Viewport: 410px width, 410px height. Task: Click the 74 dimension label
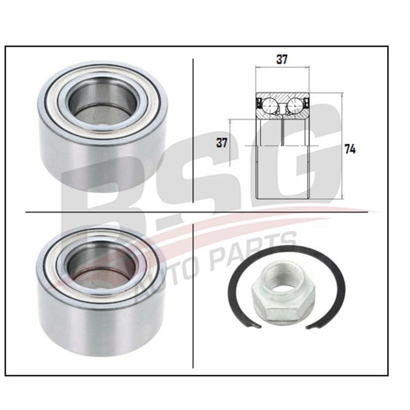(x=350, y=150)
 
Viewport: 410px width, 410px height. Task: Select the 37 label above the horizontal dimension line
(x=282, y=59)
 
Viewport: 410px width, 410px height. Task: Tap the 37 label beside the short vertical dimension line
(x=222, y=142)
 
